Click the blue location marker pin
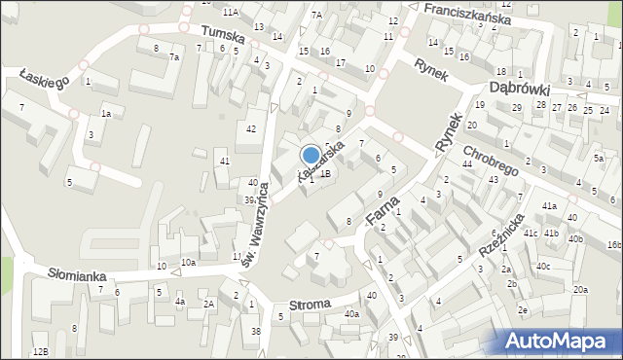coord(311,155)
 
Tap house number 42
coord(251,129)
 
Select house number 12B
coord(39,351)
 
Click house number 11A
coord(230,12)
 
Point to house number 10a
coord(188,263)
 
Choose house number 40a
coord(351,314)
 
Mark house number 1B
coord(325,173)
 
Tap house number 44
coord(467,163)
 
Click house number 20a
coord(580,290)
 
